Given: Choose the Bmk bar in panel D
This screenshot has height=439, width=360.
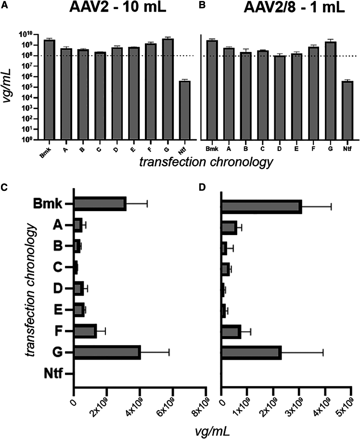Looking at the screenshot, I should (x=261, y=207).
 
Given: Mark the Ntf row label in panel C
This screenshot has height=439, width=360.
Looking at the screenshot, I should (x=52, y=374).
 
